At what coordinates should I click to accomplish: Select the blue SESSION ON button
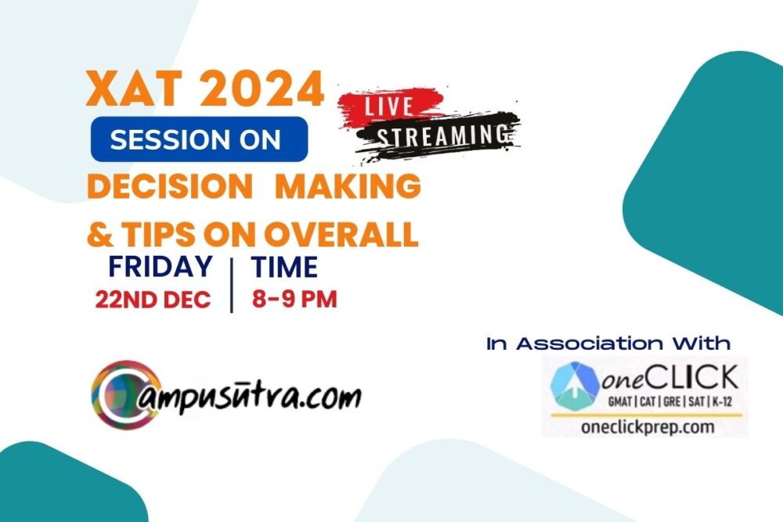pyautogui.click(x=199, y=139)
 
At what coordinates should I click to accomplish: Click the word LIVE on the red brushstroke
pyautogui.click(x=389, y=106)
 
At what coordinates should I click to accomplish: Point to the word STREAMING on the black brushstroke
pyautogui.click(x=443, y=135)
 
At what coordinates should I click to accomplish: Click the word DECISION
pyautogui.click(x=170, y=186)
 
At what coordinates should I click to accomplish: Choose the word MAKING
pyautogui.click(x=348, y=186)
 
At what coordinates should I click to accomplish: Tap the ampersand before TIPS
pyautogui.click(x=100, y=234)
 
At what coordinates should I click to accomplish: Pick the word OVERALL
pyautogui.click(x=341, y=234)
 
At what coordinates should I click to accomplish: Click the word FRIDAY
pyautogui.click(x=161, y=267)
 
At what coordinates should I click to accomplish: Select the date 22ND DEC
pyautogui.click(x=153, y=300)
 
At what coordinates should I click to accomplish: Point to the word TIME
pyautogui.click(x=284, y=268)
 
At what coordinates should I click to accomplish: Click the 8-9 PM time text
pyautogui.click(x=294, y=300)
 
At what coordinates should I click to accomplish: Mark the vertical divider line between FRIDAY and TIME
pyautogui.click(x=232, y=286)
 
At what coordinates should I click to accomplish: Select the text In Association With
pyautogui.click(x=608, y=344)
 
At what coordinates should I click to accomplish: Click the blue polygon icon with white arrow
pyautogui.click(x=575, y=386)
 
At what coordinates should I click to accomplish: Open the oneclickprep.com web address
pyautogui.click(x=648, y=427)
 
